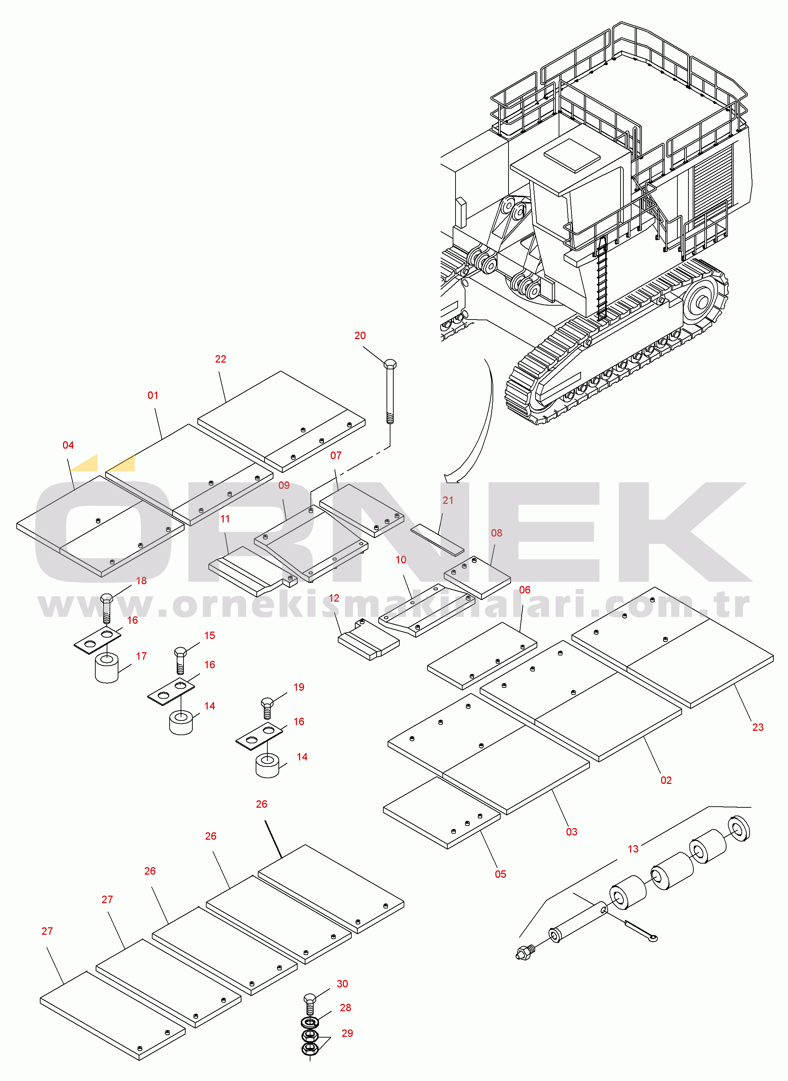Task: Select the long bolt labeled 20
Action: click(390, 392)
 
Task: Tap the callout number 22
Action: click(220, 359)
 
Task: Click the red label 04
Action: click(68, 445)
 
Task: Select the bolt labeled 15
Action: click(180, 660)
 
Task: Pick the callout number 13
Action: click(633, 849)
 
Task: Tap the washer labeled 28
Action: click(310, 1023)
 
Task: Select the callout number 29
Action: click(347, 1033)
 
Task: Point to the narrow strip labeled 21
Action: click(437, 540)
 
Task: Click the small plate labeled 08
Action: click(477, 578)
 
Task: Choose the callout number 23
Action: click(757, 727)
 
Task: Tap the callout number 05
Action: click(500, 874)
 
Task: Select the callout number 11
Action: click(225, 519)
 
